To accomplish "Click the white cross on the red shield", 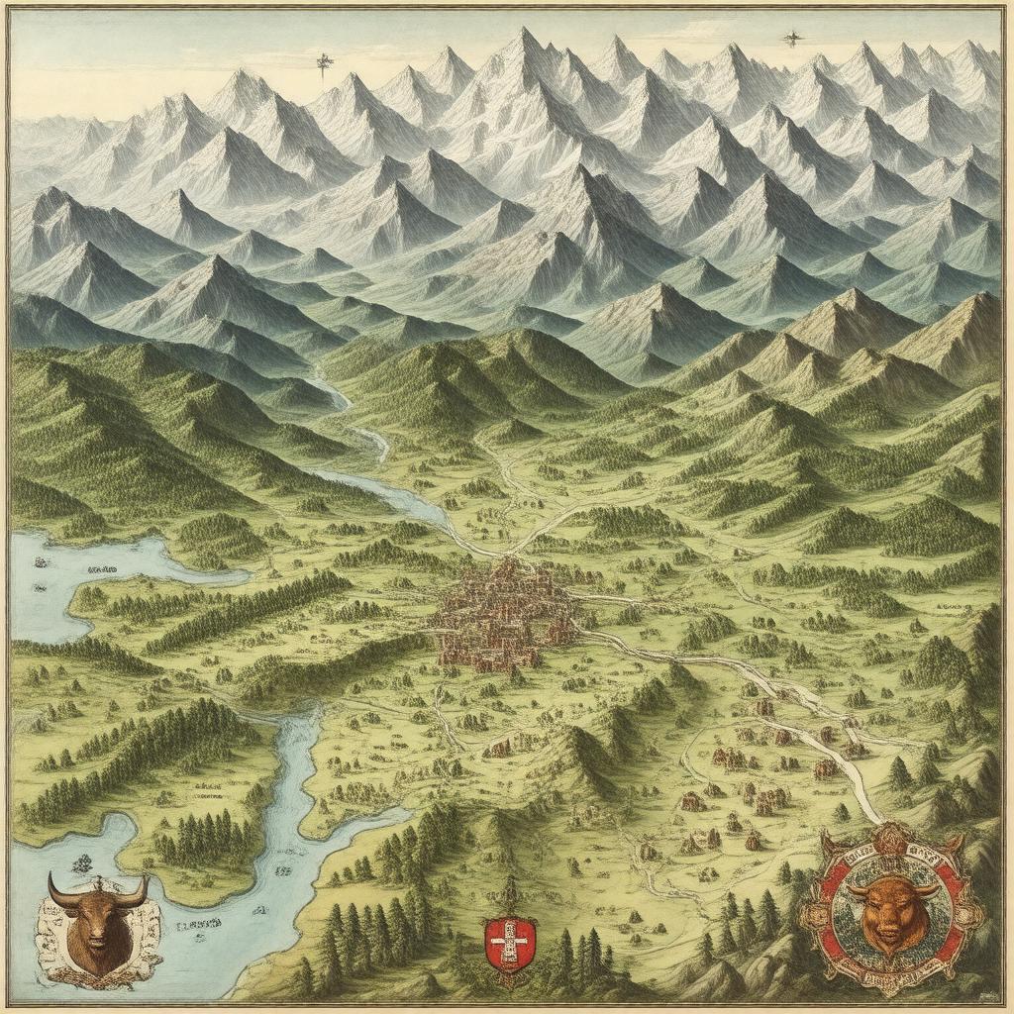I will click(510, 939).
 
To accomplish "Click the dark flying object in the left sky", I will click(324, 65).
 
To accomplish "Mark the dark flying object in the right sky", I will click(791, 39).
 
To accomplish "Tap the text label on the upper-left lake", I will click(102, 571).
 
